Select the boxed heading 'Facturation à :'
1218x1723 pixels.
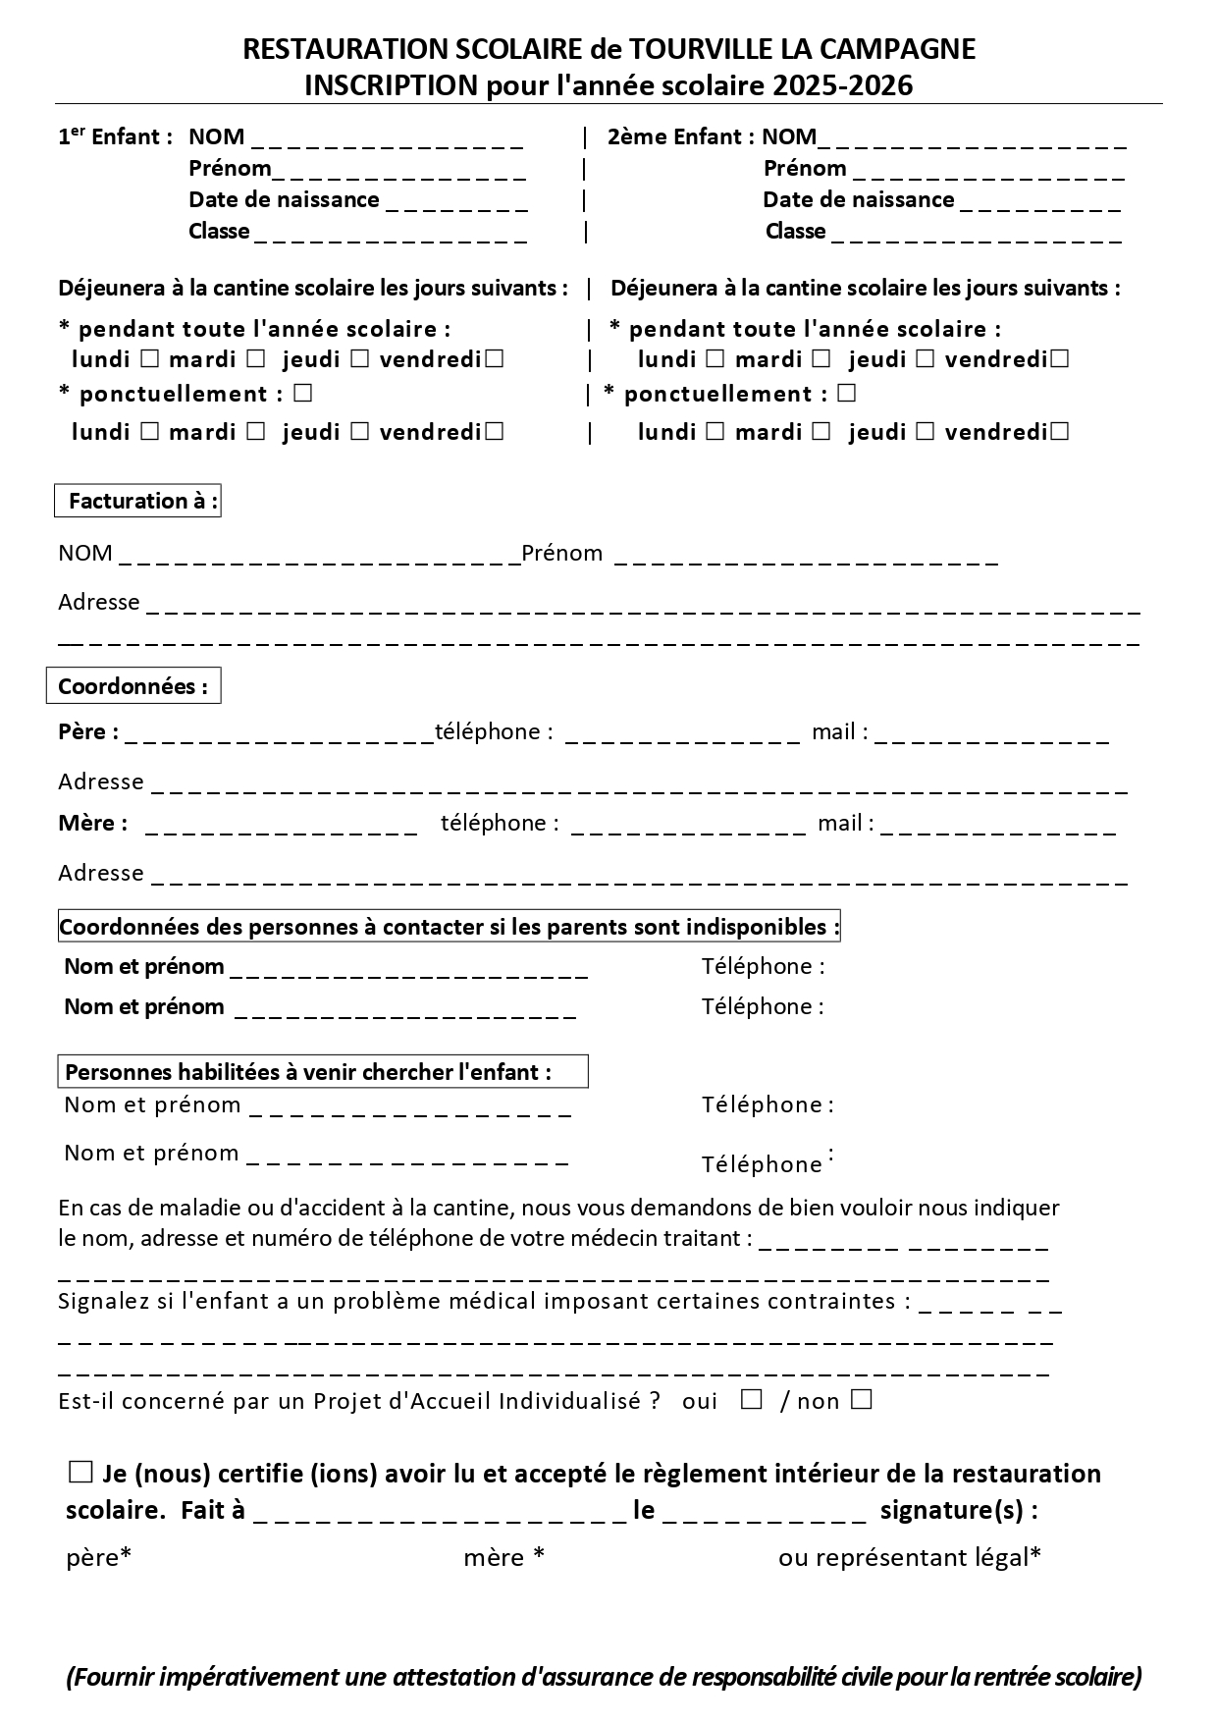coord(137,502)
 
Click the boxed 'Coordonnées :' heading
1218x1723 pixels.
coord(133,686)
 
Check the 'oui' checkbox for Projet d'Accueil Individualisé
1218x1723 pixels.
coord(752,1400)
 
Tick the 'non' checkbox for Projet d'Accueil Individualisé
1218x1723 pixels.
coord(861,1400)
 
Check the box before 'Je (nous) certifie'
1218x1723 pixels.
coord(79,1472)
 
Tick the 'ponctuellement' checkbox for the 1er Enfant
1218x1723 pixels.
coord(302,393)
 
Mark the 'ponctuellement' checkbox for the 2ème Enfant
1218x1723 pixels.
coord(847,393)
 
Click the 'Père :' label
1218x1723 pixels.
coord(88,731)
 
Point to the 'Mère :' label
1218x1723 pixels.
coord(92,823)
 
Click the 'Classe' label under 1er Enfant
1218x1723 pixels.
coord(219,232)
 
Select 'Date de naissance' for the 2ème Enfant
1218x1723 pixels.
coord(858,200)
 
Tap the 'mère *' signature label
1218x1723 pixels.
coord(503,1557)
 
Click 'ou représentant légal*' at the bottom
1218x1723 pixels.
coord(909,1557)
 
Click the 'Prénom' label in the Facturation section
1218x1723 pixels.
coord(561,554)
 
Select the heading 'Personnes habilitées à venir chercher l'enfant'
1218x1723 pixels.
coord(307,1072)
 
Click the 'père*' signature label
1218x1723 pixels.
coord(98,1557)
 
